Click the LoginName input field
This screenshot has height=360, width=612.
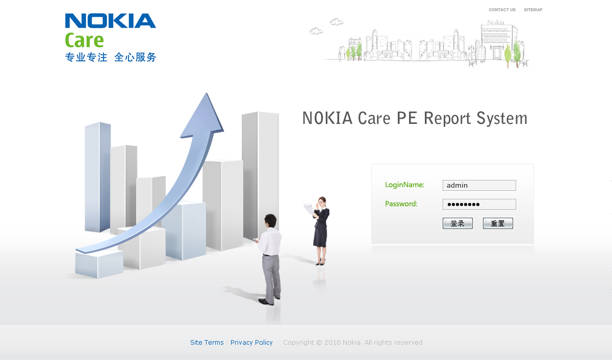click(479, 185)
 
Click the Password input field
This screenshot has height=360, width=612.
click(479, 204)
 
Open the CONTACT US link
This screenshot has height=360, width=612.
click(502, 10)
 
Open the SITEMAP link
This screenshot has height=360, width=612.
click(533, 10)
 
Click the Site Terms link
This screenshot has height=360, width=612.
click(207, 342)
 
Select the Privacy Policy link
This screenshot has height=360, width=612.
click(251, 342)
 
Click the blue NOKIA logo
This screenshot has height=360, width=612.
click(110, 21)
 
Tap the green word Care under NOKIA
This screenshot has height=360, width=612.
click(84, 40)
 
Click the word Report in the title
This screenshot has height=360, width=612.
click(448, 118)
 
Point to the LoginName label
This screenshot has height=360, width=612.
click(404, 185)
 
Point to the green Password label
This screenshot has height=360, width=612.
click(401, 203)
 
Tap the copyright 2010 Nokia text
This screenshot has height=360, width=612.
click(352, 342)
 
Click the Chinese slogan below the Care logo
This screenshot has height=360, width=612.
click(110, 57)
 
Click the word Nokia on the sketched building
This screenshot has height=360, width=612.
click(495, 22)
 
